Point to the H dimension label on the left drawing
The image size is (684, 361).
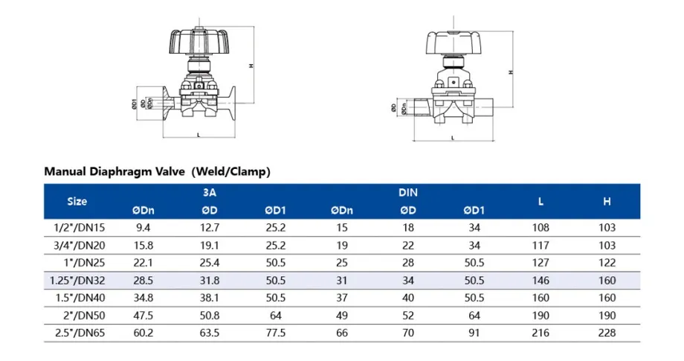pos(251,66)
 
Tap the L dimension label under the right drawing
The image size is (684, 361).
pos(453,138)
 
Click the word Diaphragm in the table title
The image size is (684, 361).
pos(135,171)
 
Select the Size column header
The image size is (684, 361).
pos(77,201)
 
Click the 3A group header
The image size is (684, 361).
pos(210,192)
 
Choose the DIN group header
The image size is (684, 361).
pos(407,192)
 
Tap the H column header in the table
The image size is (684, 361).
pos(607,201)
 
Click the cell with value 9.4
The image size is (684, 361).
pos(144,228)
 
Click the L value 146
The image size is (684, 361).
pos(541,281)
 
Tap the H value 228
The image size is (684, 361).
pos(607,333)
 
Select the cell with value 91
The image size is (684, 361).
pos(474,333)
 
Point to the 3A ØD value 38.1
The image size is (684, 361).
pos(210,298)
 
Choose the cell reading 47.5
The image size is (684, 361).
pos(144,316)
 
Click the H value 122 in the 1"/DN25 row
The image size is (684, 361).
pos(607,263)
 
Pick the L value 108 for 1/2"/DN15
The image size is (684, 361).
pos(541,228)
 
